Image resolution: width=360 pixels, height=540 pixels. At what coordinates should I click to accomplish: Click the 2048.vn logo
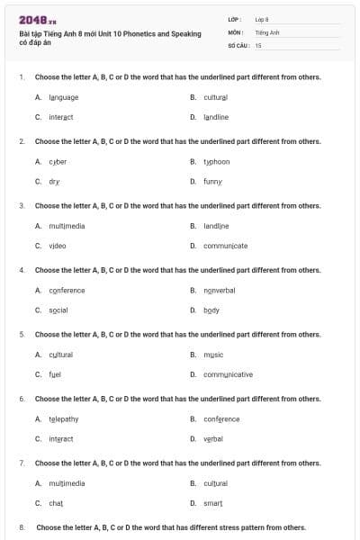[38, 19]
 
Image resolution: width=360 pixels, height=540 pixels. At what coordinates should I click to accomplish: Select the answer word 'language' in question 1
[63, 97]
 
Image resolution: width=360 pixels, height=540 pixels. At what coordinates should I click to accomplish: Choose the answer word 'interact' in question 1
[60, 117]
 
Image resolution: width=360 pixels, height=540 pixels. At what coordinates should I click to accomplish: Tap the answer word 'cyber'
[58, 161]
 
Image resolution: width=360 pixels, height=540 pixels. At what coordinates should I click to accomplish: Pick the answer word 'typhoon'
[217, 161]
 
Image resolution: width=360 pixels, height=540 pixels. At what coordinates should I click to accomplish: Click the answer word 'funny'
[212, 181]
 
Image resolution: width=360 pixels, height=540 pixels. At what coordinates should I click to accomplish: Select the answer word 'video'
[58, 245]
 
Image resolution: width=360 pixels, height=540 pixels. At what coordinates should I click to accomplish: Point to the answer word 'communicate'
[226, 245]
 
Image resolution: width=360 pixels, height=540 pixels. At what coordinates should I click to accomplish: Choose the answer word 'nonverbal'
[220, 290]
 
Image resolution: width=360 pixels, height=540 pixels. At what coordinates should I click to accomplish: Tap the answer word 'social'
[58, 310]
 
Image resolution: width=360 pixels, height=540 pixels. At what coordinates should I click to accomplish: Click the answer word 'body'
[211, 310]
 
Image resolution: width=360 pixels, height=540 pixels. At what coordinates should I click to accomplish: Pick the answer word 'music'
[213, 355]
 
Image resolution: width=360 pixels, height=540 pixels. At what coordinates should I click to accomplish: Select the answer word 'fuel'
[55, 374]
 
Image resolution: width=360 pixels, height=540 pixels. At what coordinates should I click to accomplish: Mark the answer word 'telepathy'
[64, 418]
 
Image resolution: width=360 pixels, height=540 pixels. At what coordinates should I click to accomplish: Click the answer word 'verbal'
[213, 438]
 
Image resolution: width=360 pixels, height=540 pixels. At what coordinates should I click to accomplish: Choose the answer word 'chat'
[56, 502]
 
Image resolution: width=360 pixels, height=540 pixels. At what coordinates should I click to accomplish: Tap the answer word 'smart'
[213, 502]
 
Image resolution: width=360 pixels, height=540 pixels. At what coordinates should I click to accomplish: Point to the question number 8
[22, 527]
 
